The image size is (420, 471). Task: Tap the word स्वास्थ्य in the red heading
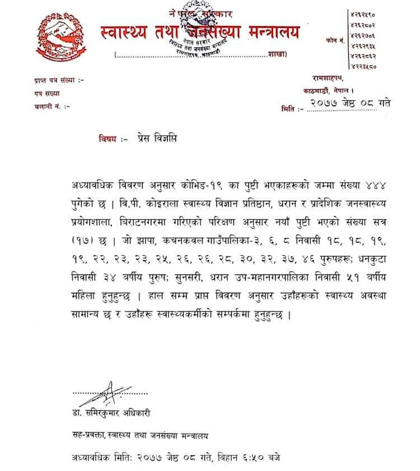coord(118,32)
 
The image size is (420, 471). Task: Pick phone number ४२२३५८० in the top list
coord(363,67)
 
